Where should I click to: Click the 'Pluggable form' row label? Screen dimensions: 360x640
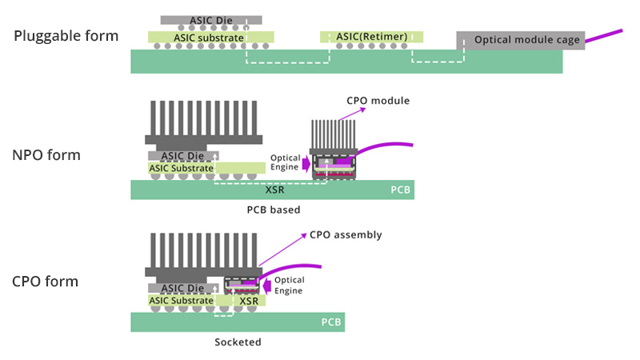tap(66, 36)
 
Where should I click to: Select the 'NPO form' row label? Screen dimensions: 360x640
tap(46, 155)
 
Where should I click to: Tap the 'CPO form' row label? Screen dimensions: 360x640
tap(46, 282)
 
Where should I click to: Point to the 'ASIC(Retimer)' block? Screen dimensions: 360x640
tap(372, 37)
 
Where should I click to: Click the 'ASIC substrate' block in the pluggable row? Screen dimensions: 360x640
tap(210, 37)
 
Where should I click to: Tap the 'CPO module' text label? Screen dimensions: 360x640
tap(378, 101)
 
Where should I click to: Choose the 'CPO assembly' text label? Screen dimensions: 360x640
tap(346, 235)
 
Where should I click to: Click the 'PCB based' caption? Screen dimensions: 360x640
tap(274, 210)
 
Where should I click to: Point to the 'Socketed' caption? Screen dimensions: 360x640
tap(238, 342)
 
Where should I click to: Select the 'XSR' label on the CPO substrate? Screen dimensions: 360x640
tap(249, 301)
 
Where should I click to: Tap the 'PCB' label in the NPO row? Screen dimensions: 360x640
tap(401, 190)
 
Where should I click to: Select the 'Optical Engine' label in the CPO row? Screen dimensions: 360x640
tap(289, 286)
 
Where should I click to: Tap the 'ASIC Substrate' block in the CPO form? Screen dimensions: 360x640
tap(182, 301)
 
